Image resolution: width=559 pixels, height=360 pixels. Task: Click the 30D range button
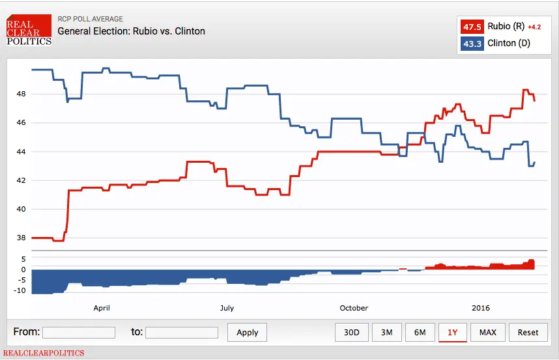(352, 332)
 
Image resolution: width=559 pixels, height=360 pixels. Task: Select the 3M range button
(386, 332)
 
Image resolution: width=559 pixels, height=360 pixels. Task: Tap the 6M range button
(420, 332)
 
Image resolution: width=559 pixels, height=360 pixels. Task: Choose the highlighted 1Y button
(452, 332)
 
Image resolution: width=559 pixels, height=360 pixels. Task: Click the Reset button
(528, 332)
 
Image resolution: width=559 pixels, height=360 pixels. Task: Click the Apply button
(248, 332)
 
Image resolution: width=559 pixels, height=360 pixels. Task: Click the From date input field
(79, 333)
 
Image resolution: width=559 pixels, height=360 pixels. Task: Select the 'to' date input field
(182, 333)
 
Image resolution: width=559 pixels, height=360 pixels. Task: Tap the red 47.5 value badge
(472, 27)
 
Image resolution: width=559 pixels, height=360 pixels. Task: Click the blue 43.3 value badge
(472, 44)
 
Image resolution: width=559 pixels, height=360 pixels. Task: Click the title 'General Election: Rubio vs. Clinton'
(131, 31)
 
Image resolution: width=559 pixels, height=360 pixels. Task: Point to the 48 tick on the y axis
(21, 94)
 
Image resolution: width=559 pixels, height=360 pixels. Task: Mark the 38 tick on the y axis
(21, 238)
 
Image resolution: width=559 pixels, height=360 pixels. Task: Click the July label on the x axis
(227, 308)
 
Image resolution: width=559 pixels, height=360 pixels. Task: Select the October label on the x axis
(354, 308)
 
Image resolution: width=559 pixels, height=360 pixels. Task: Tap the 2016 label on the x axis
(480, 308)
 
